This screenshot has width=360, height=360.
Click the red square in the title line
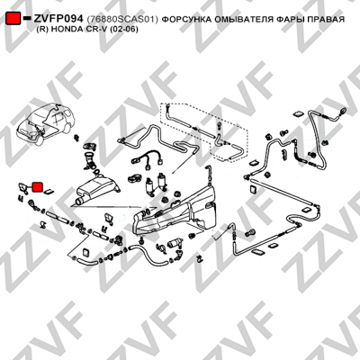click(13, 19)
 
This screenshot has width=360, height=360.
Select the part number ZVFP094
click(58, 19)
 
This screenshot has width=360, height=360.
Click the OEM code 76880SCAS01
click(122, 20)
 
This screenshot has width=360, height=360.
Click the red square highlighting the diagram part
click(38, 187)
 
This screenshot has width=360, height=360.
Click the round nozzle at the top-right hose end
click(343, 111)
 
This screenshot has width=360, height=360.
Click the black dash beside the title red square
click(27, 18)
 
